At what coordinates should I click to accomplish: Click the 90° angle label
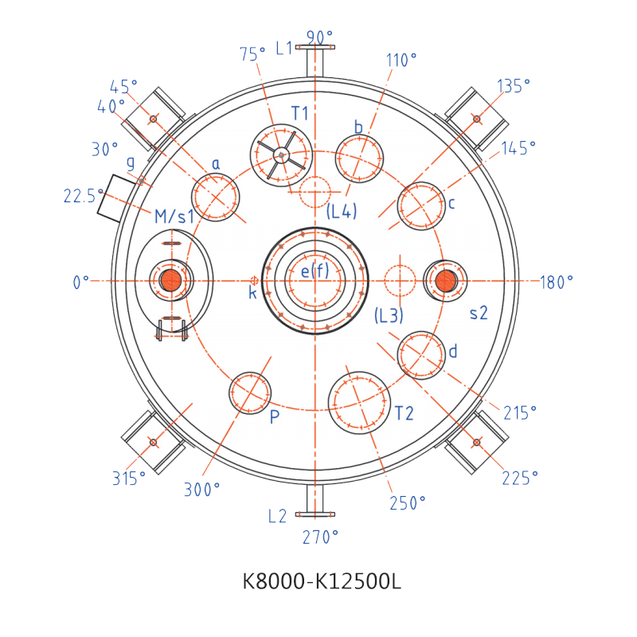(319, 37)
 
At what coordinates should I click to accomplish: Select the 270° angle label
(320, 537)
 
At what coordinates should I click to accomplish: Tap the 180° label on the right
(557, 282)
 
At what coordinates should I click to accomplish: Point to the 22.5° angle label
(84, 196)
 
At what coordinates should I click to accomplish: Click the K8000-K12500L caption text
(322, 581)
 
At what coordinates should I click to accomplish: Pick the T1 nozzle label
(300, 113)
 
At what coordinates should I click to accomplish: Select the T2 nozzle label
(404, 413)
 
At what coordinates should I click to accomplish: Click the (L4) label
(342, 211)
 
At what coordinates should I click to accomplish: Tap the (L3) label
(389, 315)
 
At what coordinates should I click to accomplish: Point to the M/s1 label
(174, 217)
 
